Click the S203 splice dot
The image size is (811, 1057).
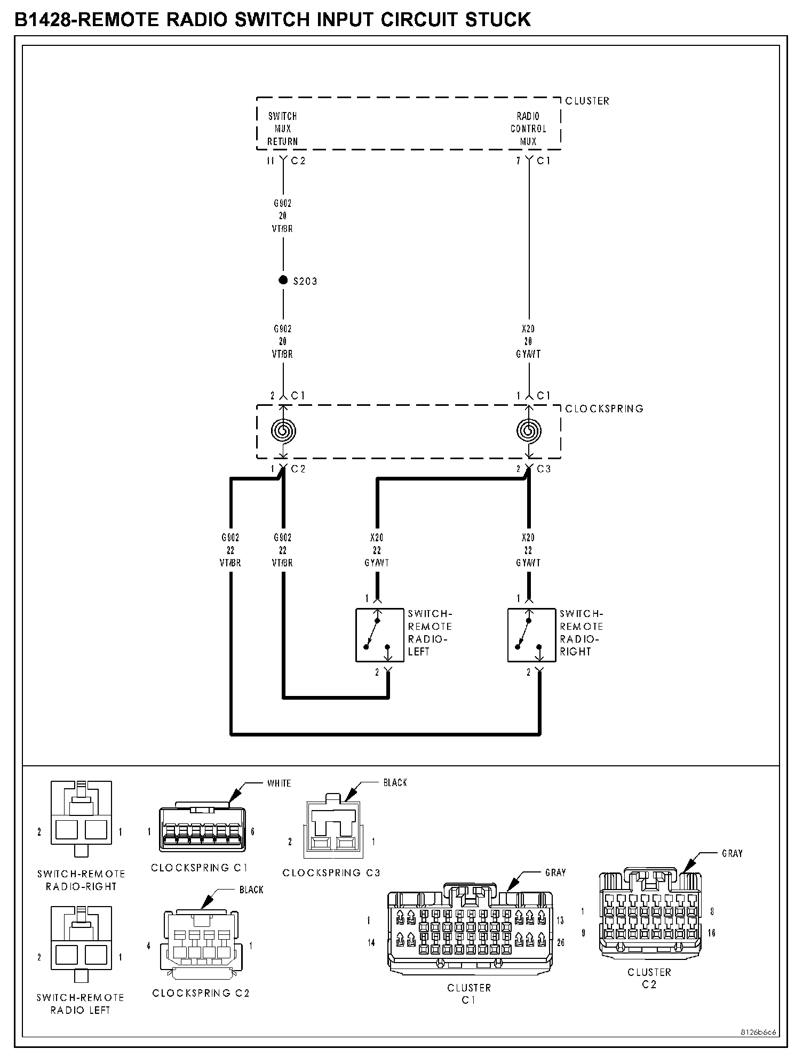pos(283,281)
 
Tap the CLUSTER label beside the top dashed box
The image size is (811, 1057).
pos(587,101)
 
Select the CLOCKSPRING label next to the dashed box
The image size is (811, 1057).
pos(604,409)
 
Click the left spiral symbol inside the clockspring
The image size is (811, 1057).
pos(283,430)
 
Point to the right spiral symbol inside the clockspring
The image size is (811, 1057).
pos(529,430)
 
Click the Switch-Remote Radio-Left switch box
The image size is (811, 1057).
pos(379,635)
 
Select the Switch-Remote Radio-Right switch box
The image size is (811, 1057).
pos(531,635)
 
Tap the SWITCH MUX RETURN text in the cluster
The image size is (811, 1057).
pos(282,129)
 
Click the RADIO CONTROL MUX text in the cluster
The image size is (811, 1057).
pos(528,129)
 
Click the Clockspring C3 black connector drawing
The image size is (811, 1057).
pos(332,830)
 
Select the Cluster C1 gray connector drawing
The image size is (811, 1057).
pos(469,930)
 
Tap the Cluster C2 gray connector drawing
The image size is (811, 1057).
pos(650,915)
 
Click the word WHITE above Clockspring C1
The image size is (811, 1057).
pos(279,783)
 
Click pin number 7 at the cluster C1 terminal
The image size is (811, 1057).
pos(518,161)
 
